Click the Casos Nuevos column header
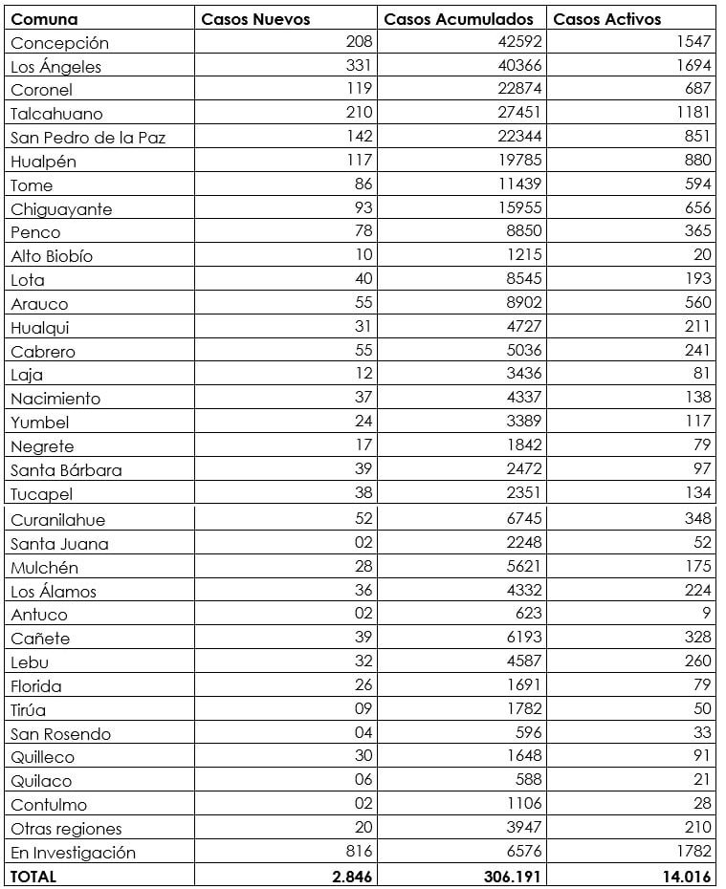(255, 19)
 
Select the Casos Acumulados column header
(458, 19)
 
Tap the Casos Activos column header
(607, 19)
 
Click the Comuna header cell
(45, 19)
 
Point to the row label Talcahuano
(56, 114)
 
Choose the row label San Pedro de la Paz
(88, 138)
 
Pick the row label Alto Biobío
(52, 256)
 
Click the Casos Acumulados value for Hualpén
(519, 161)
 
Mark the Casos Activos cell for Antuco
(706, 614)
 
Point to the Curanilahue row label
(57, 520)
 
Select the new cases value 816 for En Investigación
(359, 852)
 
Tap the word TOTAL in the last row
(33, 876)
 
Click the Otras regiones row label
(66, 829)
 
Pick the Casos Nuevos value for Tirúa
(363, 709)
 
